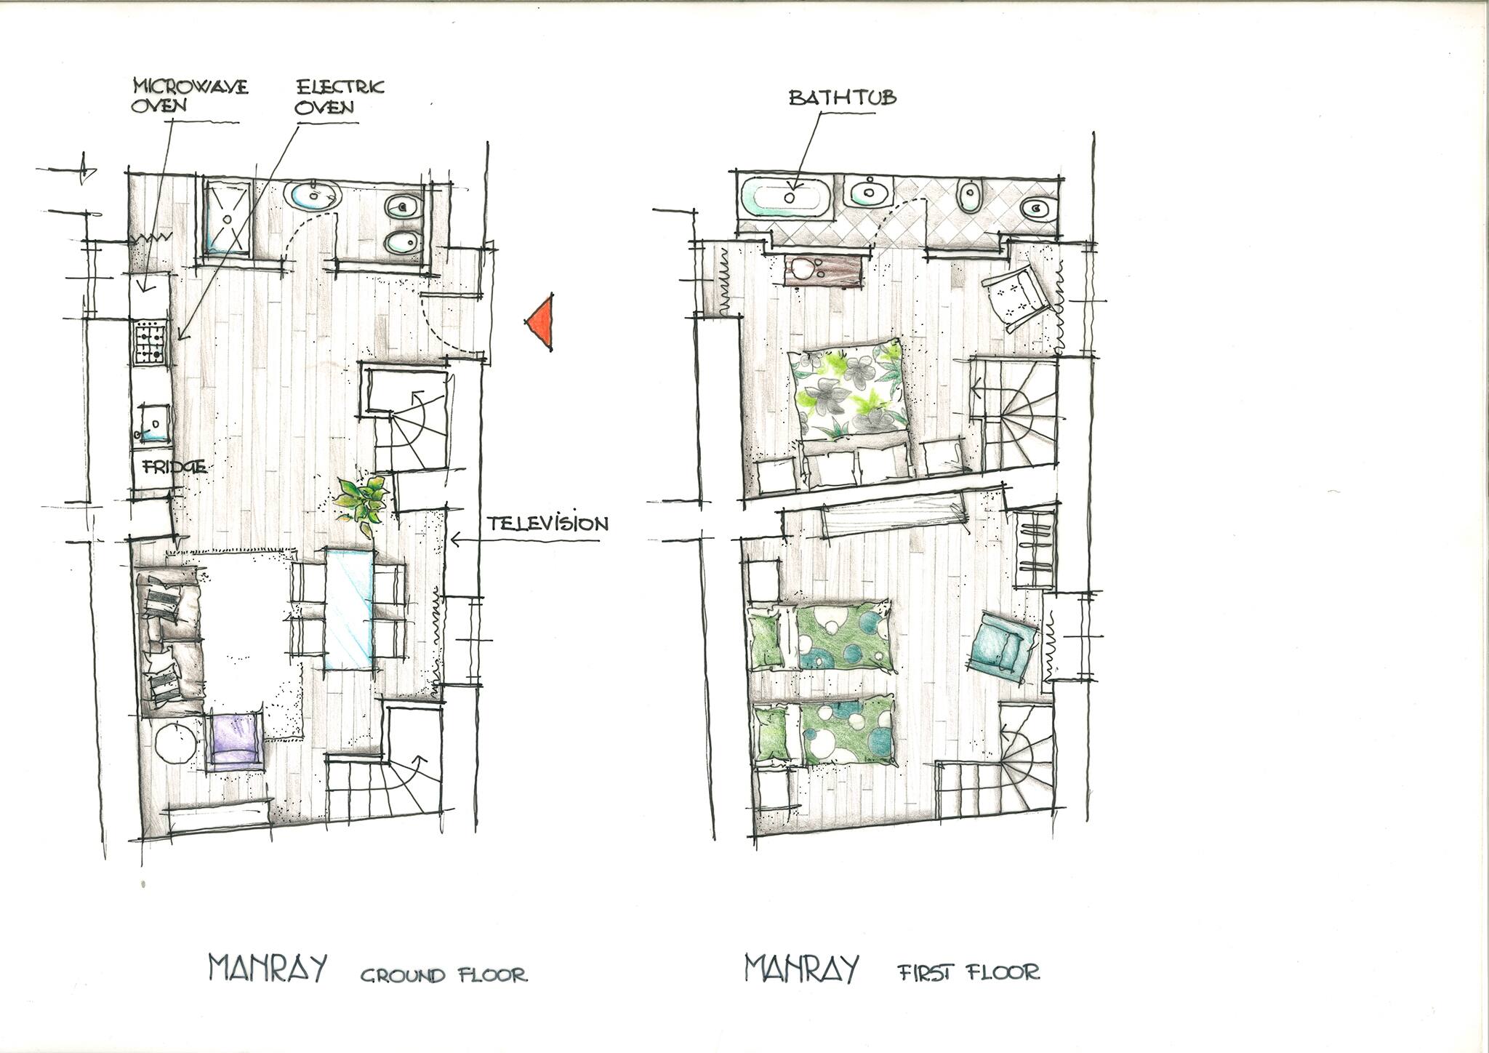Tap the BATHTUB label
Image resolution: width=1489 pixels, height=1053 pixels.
(x=843, y=97)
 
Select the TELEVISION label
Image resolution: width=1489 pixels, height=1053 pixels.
(x=547, y=523)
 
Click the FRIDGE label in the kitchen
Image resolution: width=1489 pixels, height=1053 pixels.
(x=174, y=467)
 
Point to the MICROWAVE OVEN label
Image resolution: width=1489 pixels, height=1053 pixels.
(x=190, y=95)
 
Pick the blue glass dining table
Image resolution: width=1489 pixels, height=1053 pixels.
(x=351, y=609)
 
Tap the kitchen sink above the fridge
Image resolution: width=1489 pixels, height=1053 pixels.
(x=153, y=423)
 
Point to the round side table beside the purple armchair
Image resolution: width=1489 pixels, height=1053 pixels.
(x=174, y=742)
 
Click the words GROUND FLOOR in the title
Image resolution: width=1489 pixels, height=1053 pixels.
(x=444, y=974)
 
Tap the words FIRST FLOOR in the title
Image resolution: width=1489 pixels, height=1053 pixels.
(x=969, y=972)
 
